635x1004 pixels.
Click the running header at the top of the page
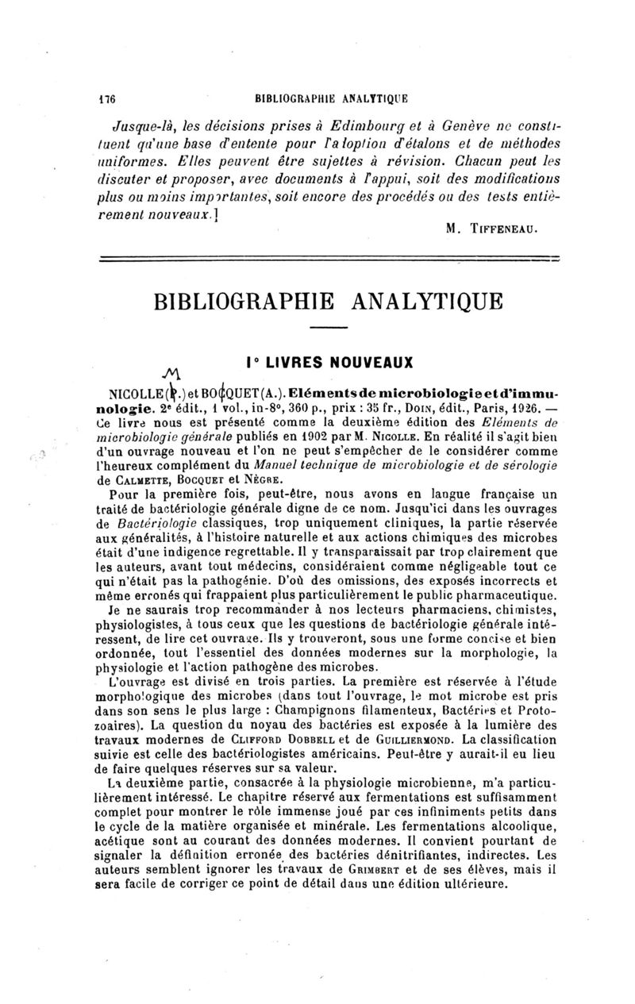[331, 100]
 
